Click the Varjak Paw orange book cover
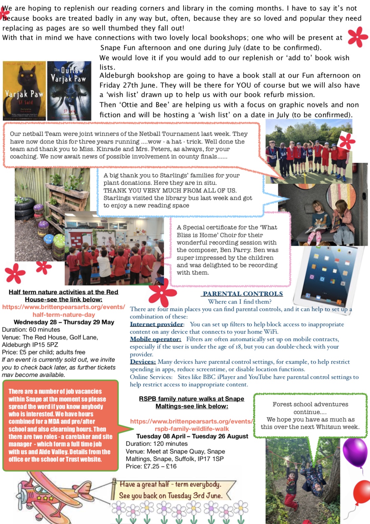point(24,90)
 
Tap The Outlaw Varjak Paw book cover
point(69,90)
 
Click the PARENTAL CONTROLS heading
point(243,294)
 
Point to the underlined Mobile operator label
point(156,339)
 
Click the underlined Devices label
point(143,362)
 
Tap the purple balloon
point(355,452)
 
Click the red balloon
point(362,493)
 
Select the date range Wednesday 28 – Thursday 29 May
point(64,322)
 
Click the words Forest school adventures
point(310,404)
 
